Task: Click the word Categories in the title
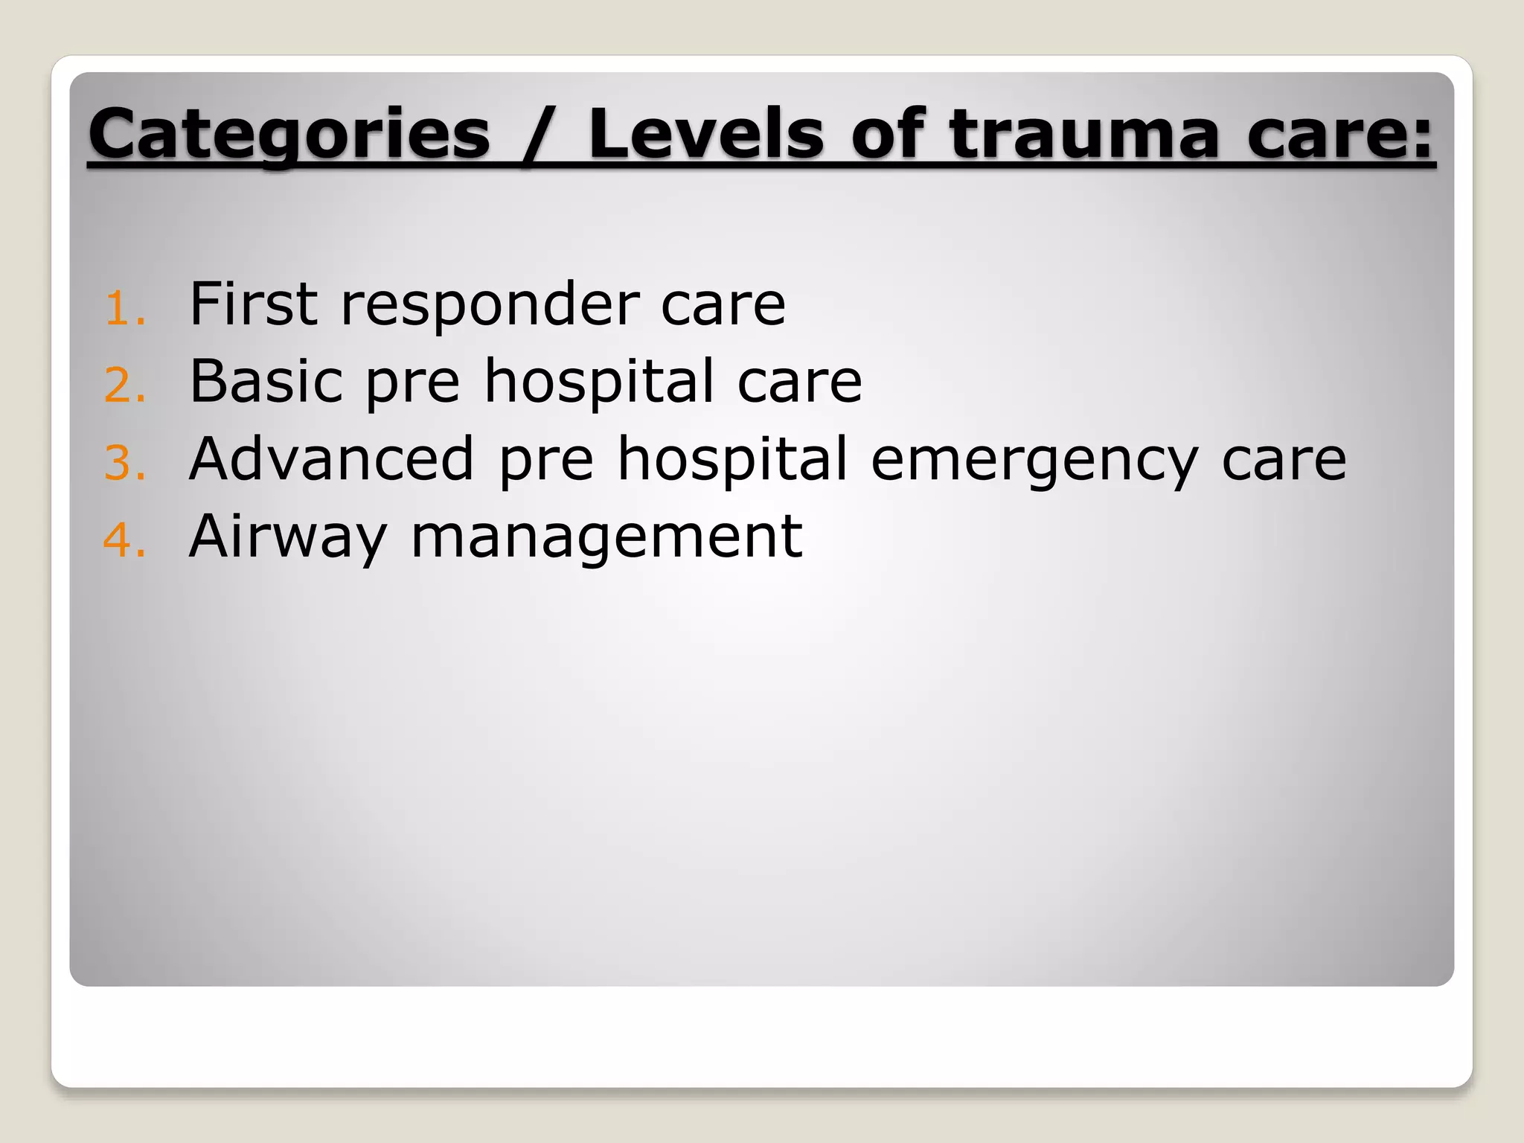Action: (x=289, y=135)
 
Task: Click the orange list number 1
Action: (x=123, y=309)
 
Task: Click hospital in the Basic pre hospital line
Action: (x=599, y=382)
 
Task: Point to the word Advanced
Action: (x=331, y=458)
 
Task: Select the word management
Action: (x=606, y=537)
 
